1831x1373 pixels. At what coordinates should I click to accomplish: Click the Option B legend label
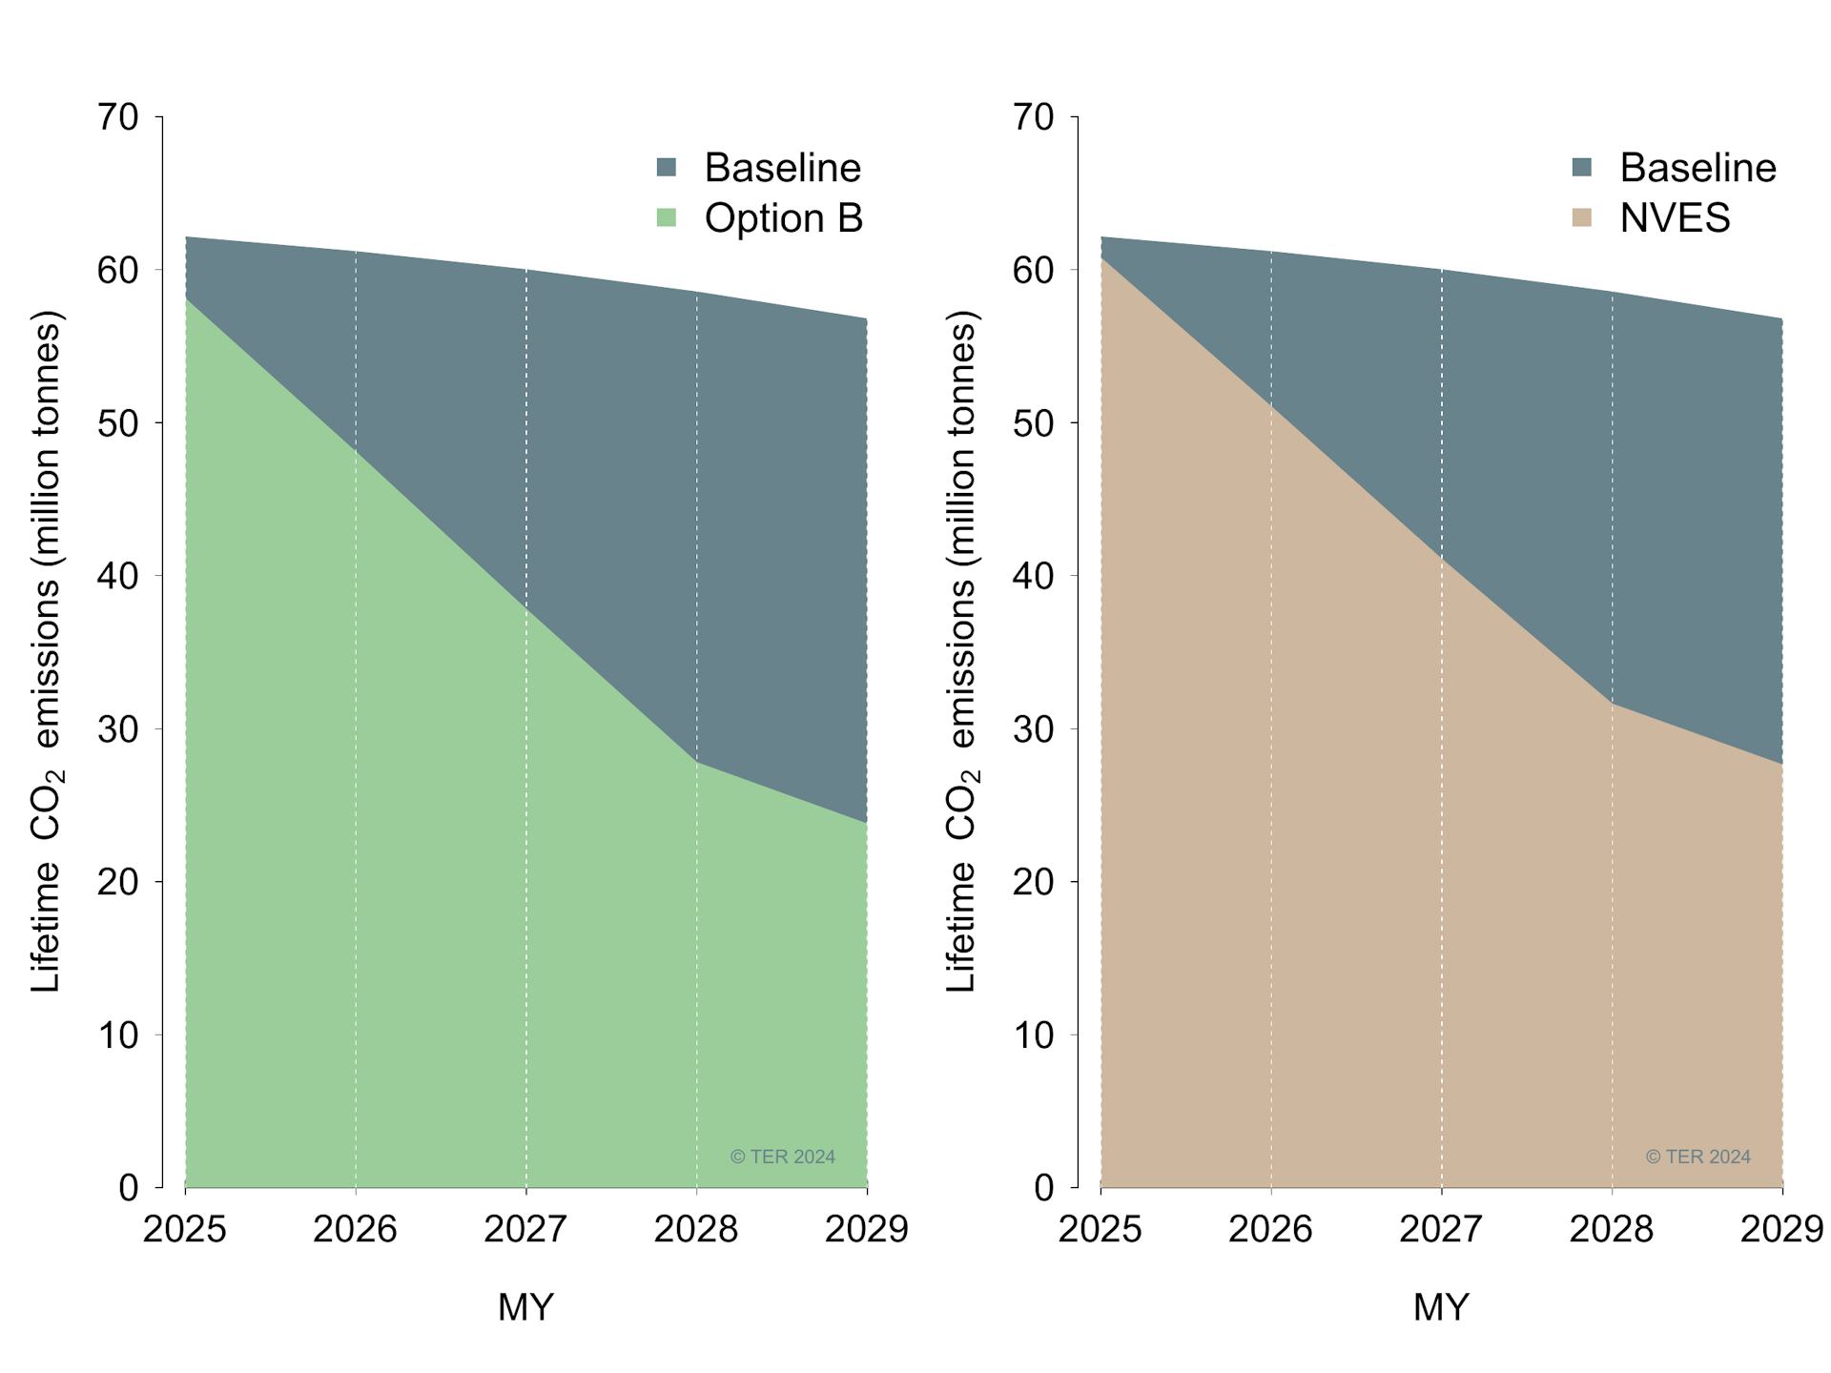[x=783, y=218]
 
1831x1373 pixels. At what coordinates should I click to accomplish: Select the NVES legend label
[x=1675, y=218]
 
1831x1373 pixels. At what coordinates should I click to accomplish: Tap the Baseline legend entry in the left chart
[x=782, y=168]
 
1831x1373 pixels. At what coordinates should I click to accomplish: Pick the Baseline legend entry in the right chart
[x=1697, y=168]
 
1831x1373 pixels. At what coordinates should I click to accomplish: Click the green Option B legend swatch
[x=667, y=217]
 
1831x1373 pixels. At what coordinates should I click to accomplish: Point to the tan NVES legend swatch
[x=1582, y=217]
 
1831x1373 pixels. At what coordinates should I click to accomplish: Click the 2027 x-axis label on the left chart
[x=525, y=1229]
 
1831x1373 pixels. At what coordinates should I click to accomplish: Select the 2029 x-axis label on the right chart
[x=1780, y=1229]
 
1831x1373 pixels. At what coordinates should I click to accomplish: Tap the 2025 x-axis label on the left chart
[x=185, y=1229]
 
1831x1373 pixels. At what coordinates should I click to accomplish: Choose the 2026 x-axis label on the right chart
[x=1270, y=1229]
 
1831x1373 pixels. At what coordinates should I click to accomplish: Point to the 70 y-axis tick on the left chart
[x=118, y=117]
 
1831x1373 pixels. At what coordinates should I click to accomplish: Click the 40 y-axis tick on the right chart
[x=1033, y=576]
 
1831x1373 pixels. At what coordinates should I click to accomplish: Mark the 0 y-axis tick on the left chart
[x=129, y=1188]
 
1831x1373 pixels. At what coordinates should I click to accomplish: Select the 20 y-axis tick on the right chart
[x=1033, y=882]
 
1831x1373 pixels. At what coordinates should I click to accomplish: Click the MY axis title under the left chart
[x=525, y=1306]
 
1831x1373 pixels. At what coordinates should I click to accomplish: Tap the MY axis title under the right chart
[x=1441, y=1306]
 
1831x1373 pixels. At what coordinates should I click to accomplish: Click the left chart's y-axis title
[x=46, y=651]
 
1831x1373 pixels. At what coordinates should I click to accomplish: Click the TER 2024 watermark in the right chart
[x=1697, y=1157]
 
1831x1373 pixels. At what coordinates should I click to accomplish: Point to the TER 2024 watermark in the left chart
[x=782, y=1157]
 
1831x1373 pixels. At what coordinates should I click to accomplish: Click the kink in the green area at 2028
[x=697, y=762]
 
